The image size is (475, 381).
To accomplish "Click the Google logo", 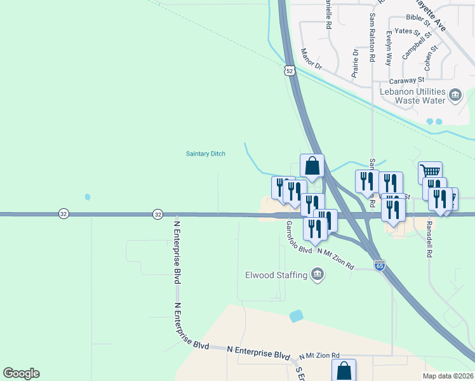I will (21, 373).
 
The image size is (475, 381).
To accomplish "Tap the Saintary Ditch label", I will (205, 154).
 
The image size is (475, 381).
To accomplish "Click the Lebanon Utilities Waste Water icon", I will (455, 96).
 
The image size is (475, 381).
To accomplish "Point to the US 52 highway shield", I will (290, 71).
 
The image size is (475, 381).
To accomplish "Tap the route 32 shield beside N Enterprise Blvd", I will (157, 215).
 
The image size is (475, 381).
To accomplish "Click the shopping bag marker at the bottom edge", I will (344, 370).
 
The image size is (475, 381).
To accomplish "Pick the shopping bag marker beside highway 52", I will (312, 166).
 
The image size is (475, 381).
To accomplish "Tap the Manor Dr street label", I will (312, 58).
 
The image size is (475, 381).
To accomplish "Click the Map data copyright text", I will (448, 376).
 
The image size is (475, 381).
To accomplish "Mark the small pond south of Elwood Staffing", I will (296, 316).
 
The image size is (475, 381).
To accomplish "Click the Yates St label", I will (406, 30).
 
